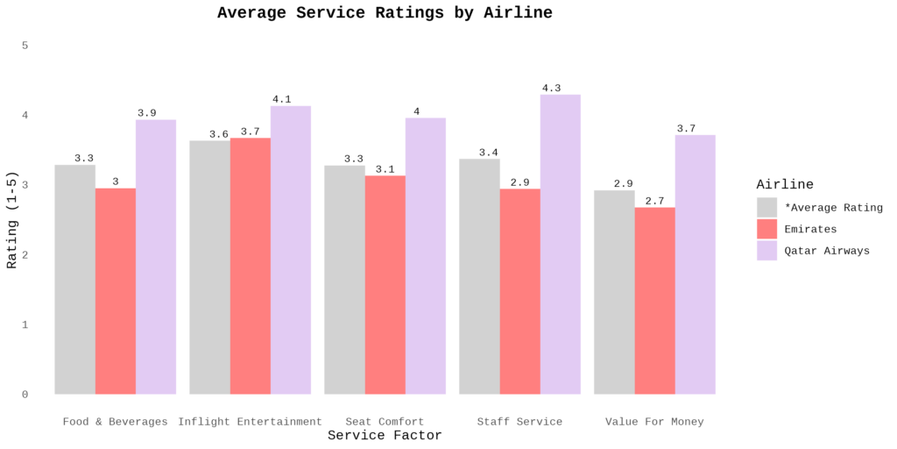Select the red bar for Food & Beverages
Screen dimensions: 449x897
click(116, 291)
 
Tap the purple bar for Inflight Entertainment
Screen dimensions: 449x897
click(291, 250)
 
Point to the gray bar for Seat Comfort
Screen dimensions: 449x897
click(345, 280)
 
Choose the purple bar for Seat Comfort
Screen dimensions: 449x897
click(426, 256)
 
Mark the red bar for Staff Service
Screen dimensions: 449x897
click(520, 291)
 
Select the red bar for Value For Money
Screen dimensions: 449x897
click(655, 301)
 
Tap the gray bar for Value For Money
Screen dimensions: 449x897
click(614, 292)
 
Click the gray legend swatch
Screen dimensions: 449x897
click(766, 207)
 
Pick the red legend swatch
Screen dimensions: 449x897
click(766, 229)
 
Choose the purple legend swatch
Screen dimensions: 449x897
click(766, 251)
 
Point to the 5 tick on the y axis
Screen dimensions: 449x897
click(25, 45)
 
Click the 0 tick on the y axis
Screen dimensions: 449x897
click(25, 395)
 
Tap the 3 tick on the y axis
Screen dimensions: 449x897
click(25, 185)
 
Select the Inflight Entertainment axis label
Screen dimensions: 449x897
click(250, 422)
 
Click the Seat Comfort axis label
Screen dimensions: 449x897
click(385, 422)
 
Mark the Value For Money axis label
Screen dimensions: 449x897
click(654, 422)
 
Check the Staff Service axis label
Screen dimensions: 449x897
click(519, 422)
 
